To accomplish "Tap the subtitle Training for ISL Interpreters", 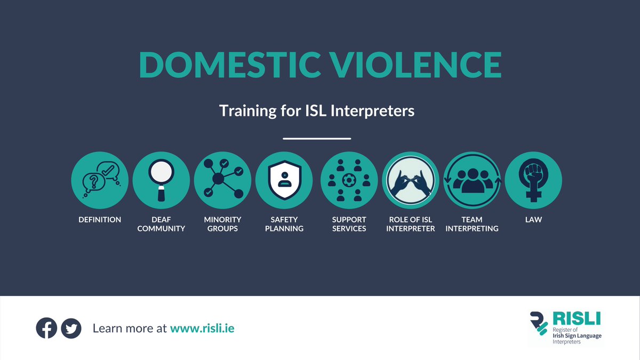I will [x=317, y=111].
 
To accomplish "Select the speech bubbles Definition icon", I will [x=100, y=180].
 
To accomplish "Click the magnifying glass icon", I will [x=161, y=180].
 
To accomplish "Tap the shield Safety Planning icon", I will [x=284, y=180].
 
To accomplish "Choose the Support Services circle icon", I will [x=349, y=180].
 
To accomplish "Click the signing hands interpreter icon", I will [x=410, y=180].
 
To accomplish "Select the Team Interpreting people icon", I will [x=471, y=180].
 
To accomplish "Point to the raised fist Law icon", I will [x=533, y=180].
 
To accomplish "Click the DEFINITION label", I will [x=100, y=220].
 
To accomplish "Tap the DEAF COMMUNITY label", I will [x=161, y=224].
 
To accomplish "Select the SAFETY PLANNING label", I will [x=284, y=224].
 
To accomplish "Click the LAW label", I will [x=533, y=220].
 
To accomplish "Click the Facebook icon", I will [x=46, y=328].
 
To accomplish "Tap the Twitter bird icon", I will [x=71, y=328].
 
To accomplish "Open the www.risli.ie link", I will [x=202, y=329].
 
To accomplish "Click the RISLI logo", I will [x=565, y=327].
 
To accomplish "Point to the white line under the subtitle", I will [x=317, y=139].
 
